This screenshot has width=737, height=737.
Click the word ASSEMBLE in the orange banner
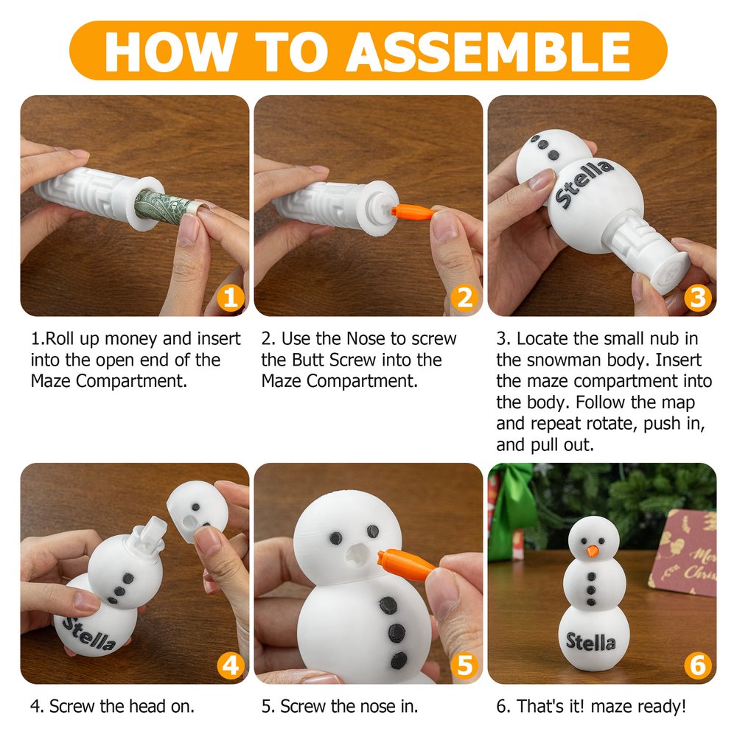point(489,52)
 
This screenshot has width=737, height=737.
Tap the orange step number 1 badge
point(230,298)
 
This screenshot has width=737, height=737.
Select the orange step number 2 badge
point(464,298)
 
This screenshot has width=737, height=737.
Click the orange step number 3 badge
point(697,298)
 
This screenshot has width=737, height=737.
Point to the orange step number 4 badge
point(230,666)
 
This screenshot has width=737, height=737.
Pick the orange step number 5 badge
point(464,666)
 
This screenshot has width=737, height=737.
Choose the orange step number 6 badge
point(697,666)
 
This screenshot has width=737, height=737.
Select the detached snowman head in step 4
point(198,511)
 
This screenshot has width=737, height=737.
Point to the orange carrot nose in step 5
point(407,563)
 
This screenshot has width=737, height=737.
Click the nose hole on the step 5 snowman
point(357,554)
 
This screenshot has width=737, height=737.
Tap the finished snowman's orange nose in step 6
point(593,551)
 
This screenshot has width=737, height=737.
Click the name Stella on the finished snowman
point(591,642)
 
